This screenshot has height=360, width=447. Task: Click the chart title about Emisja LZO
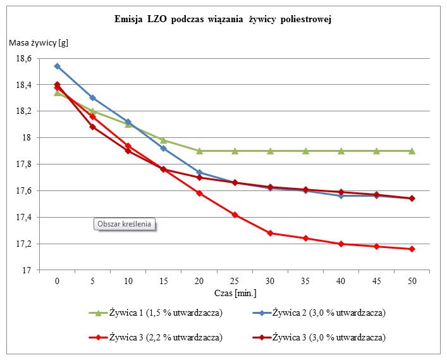pos(223,20)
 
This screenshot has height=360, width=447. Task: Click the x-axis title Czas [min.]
pos(235,293)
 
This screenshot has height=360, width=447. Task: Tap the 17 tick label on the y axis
pos(27,270)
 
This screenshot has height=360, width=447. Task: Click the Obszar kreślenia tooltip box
pos(125,223)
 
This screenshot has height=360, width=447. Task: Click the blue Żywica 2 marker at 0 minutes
pos(58,66)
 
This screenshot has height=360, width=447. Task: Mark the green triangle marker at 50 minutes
pos(412,151)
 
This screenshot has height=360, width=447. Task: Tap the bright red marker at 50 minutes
pos(412,249)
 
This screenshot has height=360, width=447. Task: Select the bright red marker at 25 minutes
pos(235,214)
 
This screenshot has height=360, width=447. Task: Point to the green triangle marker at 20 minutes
pos(199,151)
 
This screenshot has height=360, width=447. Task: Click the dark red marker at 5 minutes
pos(93,127)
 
